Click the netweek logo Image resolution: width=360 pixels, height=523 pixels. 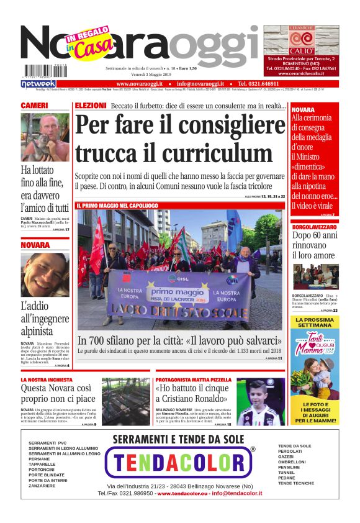(38, 84)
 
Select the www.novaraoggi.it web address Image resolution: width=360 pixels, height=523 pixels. (139, 83)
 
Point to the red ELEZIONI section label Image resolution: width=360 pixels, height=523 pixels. (91, 106)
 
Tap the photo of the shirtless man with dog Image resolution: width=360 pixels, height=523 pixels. (45, 137)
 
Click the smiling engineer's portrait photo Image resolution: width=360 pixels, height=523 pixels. (45, 275)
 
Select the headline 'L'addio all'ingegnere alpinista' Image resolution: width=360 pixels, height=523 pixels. (45, 319)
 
